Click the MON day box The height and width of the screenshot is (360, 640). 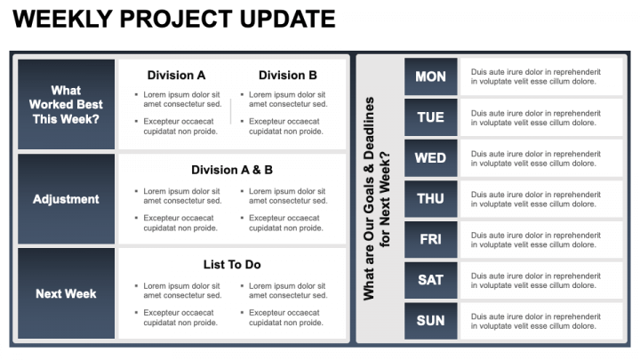(x=430, y=76)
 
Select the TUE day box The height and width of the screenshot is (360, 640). (x=430, y=117)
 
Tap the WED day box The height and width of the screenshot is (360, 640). (x=430, y=158)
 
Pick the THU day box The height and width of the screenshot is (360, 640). (x=430, y=199)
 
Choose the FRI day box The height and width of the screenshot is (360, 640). (x=430, y=240)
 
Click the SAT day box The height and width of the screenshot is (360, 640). (x=430, y=280)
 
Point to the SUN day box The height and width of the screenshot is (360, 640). (x=430, y=321)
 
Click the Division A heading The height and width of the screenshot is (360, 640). (x=176, y=76)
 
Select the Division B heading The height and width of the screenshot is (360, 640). (x=287, y=76)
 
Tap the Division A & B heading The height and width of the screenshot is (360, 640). (x=232, y=170)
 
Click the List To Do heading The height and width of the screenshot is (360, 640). (x=232, y=265)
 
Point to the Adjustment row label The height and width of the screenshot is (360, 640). (x=66, y=199)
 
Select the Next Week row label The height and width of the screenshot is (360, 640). (x=66, y=293)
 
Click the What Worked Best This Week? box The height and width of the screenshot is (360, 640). (x=66, y=104)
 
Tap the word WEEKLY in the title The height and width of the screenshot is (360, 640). (x=58, y=20)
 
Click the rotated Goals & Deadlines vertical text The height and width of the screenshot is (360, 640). (x=377, y=197)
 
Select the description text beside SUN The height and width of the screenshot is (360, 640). (x=535, y=321)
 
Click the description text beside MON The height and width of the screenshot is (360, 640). (x=535, y=76)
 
